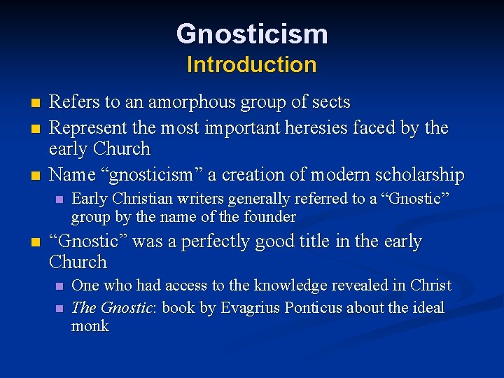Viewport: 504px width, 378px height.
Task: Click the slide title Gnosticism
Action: coord(252,34)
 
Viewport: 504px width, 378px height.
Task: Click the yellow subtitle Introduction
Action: coord(252,65)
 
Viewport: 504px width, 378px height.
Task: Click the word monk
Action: coord(90,326)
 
